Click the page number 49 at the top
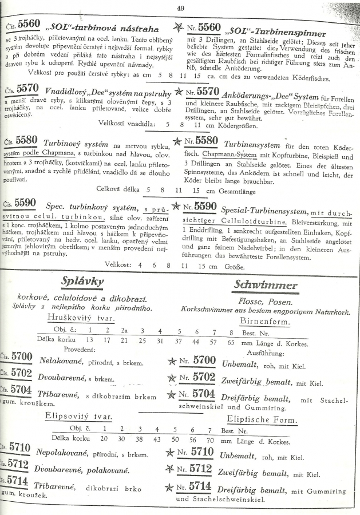[x=180, y=8]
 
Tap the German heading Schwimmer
[x=265, y=285]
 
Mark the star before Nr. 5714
[x=170, y=488]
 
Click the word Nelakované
[x=62, y=360]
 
